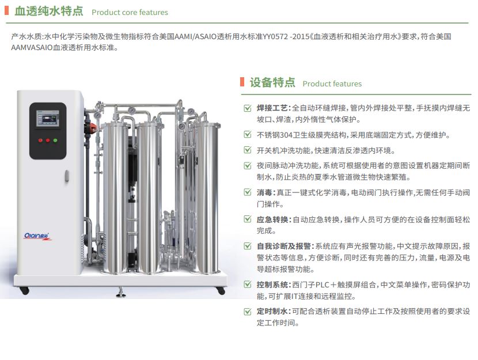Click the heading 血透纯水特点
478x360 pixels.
coord(49,11)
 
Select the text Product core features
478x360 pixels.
coord(130,12)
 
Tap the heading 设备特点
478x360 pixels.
coord(272,82)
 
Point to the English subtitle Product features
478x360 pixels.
coord(332,84)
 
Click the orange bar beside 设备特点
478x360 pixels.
coord(242,82)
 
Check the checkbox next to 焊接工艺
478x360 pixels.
coord(248,108)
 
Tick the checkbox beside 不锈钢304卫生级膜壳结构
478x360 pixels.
coord(248,134)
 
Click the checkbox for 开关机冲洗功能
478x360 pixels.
coord(248,150)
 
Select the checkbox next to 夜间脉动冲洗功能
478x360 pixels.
coord(248,165)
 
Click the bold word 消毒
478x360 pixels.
coord(264,192)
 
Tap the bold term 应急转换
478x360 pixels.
coord(272,219)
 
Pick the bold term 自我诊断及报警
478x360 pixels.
coord(283,246)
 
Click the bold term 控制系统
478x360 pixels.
coord(272,285)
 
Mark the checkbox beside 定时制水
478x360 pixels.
coord(248,312)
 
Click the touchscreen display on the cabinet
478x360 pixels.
coord(48,118)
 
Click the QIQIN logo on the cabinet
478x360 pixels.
coord(37,236)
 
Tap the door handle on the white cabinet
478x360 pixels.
coord(67,176)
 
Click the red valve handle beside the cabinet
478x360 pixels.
coord(93,126)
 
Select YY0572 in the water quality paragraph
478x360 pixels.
coord(275,37)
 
